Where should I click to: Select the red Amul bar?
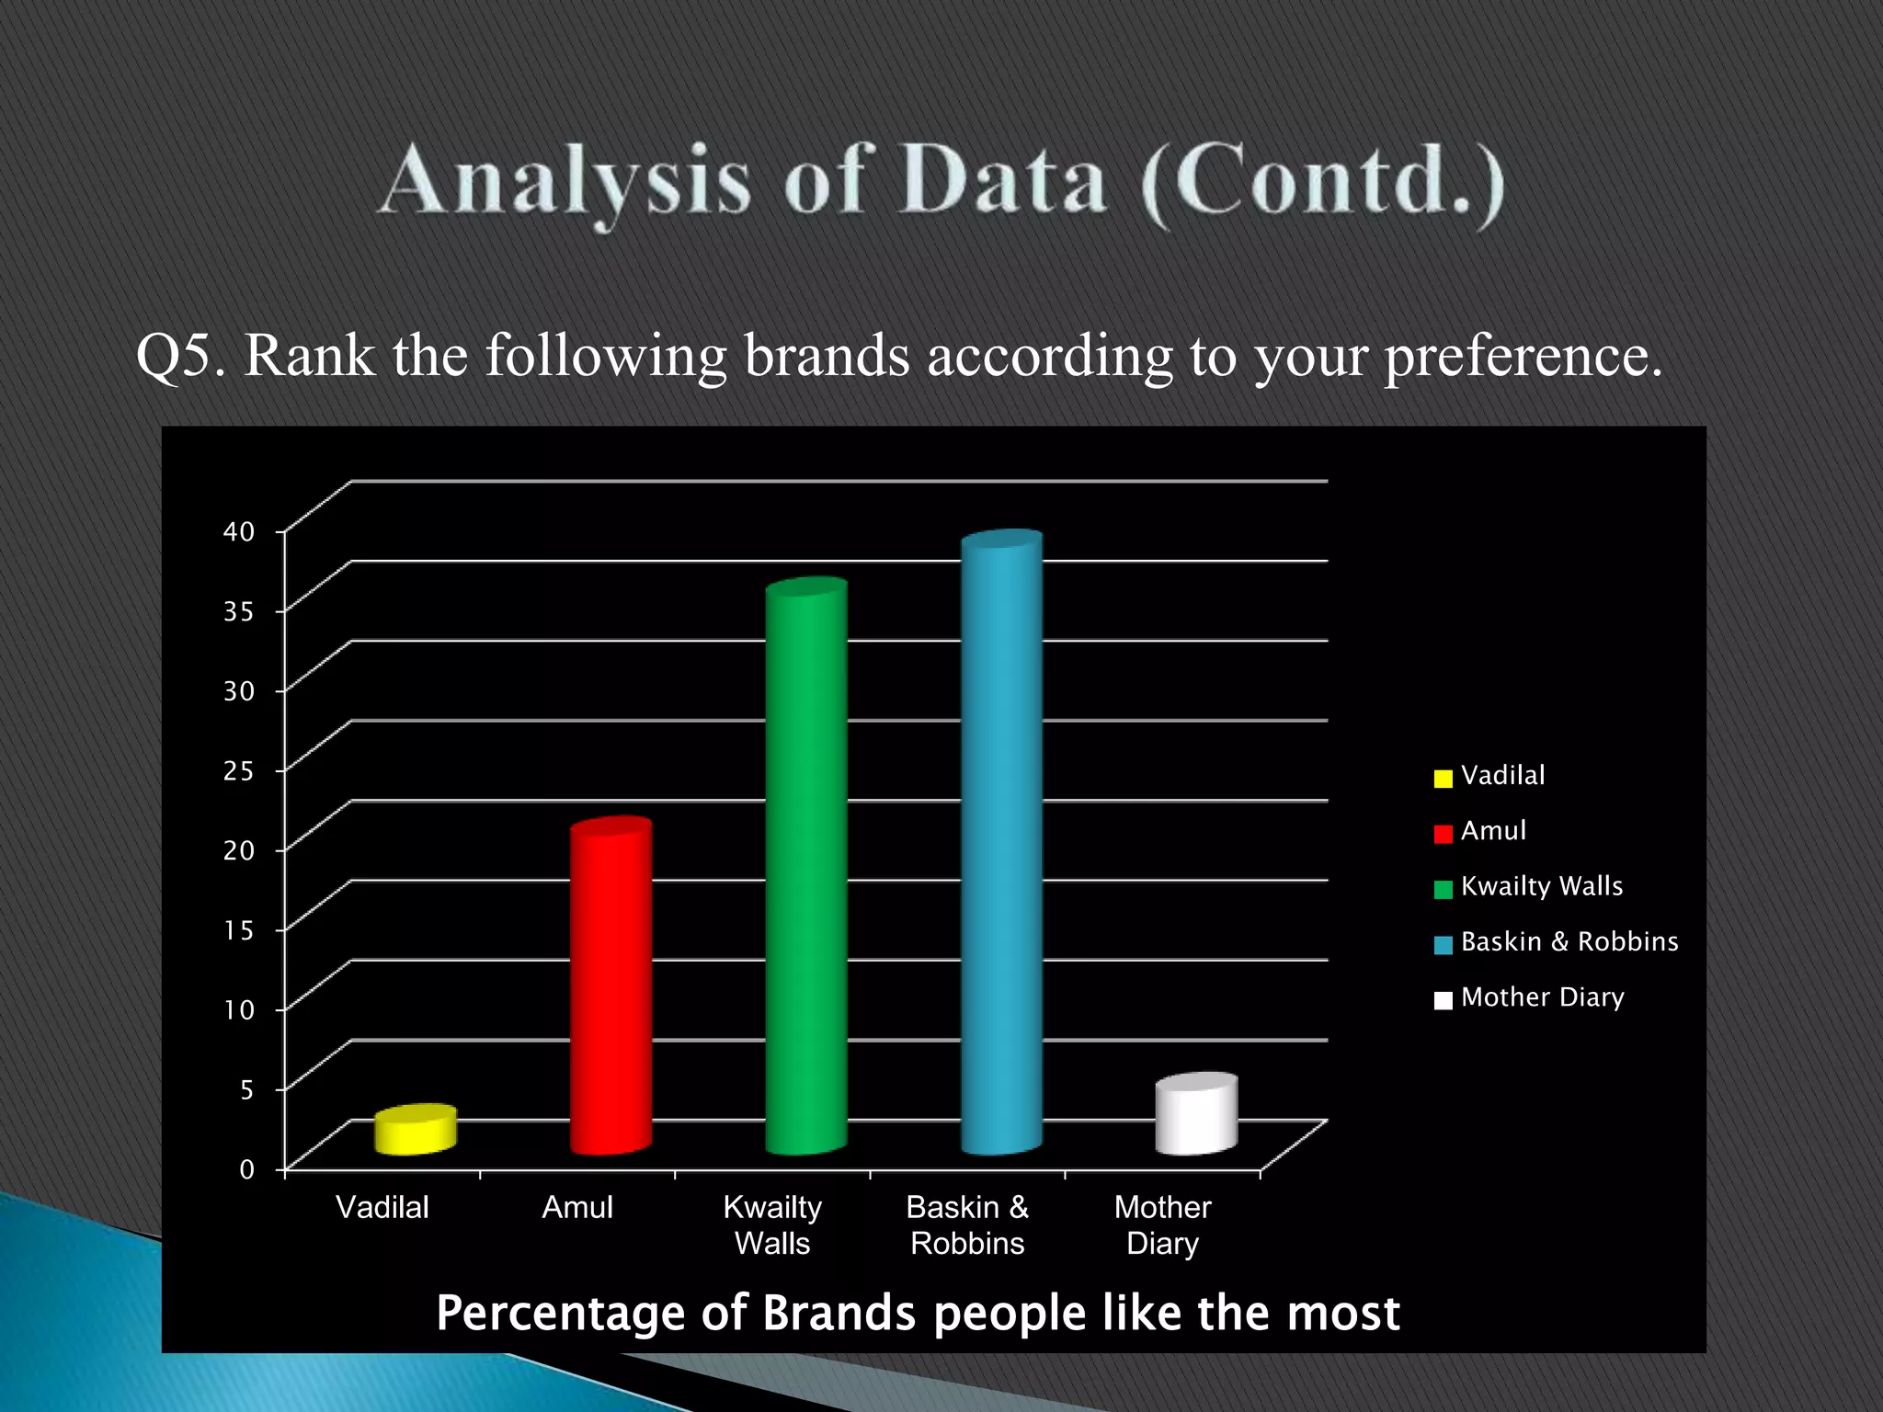611,988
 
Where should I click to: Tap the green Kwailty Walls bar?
806,869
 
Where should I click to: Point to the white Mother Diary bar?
1196,1115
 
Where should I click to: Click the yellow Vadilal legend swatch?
1443,779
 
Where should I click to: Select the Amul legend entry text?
1493,831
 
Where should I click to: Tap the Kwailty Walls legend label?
1541,886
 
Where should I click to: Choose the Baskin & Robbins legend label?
1569,941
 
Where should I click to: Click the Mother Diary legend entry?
1542,997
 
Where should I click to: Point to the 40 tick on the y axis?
239,531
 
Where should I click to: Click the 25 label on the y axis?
239,770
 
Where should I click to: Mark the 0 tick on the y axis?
246,1169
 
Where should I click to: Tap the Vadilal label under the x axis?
382,1207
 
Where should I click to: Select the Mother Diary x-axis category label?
1162,1224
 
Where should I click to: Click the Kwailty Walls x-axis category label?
772,1224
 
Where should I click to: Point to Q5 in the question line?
180,355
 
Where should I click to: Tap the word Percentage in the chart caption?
560,1313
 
